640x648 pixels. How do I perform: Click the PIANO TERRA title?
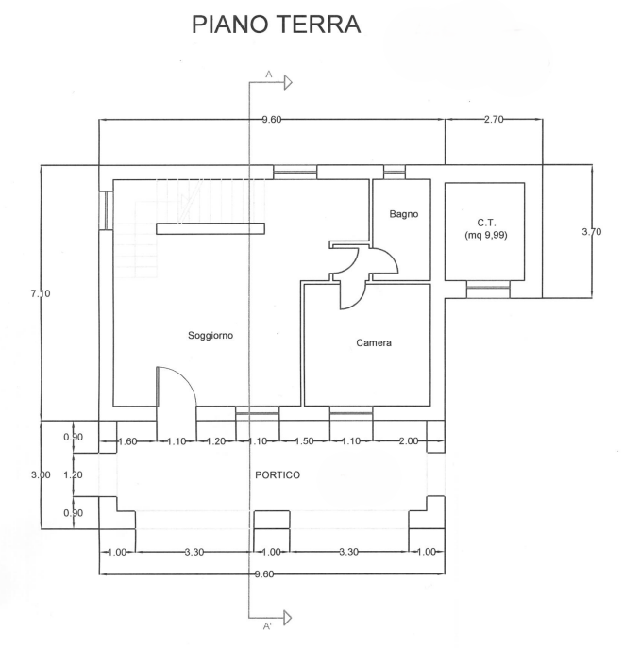276,25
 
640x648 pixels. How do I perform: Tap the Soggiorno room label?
211,335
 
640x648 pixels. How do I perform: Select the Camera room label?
374,342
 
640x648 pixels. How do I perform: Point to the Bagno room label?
403,215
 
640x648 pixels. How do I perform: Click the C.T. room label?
487,223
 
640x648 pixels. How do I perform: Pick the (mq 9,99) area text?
487,236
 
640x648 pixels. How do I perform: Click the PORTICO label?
278,475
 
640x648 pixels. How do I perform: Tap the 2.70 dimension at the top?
494,120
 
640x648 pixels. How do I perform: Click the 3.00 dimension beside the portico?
41,475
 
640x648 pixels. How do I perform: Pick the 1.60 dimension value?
128,441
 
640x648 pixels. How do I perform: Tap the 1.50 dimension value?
304,441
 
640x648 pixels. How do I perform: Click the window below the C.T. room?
488,290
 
